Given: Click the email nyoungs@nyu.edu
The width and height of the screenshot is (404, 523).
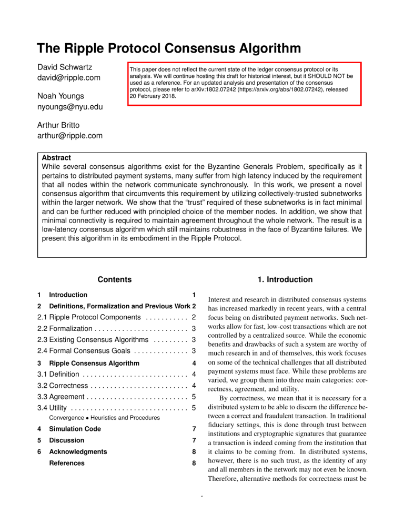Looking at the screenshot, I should tap(69, 108).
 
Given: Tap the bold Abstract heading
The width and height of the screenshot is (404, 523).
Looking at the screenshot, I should tap(56, 157).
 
